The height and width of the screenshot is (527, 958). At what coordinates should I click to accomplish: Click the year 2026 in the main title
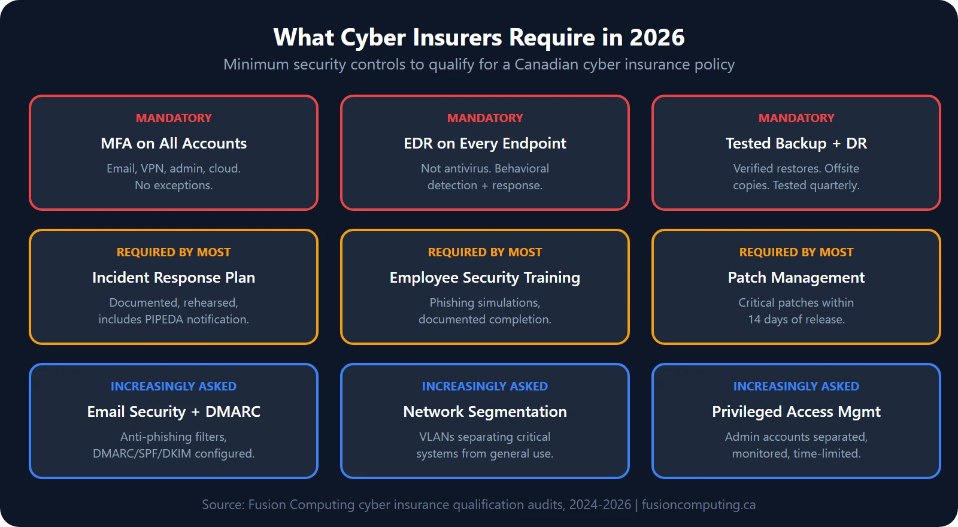click(x=657, y=38)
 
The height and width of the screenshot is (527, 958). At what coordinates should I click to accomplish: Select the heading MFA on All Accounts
click(x=174, y=144)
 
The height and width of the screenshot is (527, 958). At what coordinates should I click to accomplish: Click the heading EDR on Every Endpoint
click(x=485, y=144)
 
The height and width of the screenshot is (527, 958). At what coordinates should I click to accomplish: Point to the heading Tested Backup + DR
click(x=796, y=144)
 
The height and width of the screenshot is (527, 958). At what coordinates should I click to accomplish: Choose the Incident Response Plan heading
click(x=174, y=278)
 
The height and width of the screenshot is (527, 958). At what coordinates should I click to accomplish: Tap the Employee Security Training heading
click(x=485, y=278)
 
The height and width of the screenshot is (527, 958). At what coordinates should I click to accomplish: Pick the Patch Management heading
click(x=796, y=278)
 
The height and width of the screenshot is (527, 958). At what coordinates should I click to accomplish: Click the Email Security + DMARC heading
click(x=174, y=412)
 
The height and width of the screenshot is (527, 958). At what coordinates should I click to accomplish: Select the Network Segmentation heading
click(x=485, y=412)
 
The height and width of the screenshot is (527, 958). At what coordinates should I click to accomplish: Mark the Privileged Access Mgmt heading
click(x=796, y=412)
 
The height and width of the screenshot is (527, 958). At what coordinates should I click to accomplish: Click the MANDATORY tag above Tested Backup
click(x=796, y=119)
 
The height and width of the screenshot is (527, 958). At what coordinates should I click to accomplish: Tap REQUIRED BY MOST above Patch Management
click(x=796, y=253)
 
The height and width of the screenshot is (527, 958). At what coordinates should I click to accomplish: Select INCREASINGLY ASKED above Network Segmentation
click(x=485, y=387)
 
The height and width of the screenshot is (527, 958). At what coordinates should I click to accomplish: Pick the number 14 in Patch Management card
click(x=754, y=320)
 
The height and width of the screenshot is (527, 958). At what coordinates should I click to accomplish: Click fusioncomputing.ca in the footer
click(x=699, y=505)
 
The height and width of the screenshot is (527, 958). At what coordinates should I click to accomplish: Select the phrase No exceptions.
click(x=174, y=186)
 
